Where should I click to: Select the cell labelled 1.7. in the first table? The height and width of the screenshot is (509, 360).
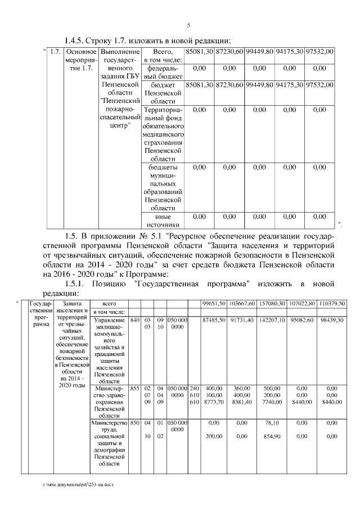[55, 52]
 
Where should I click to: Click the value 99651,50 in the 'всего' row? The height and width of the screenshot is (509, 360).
[214, 304]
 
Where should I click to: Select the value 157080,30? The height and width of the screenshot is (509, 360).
[272, 304]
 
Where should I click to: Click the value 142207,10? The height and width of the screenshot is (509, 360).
[272, 319]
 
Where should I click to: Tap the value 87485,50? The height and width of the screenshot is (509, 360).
[214, 319]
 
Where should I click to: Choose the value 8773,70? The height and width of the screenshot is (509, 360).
[214, 403]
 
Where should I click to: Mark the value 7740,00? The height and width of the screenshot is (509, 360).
[272, 403]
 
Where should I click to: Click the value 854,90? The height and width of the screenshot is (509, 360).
[272, 436]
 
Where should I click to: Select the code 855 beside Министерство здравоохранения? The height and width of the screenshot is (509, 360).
[134, 388]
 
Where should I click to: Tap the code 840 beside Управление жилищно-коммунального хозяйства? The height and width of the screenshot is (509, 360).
[134, 319]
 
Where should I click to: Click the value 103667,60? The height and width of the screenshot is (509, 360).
[243, 304]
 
